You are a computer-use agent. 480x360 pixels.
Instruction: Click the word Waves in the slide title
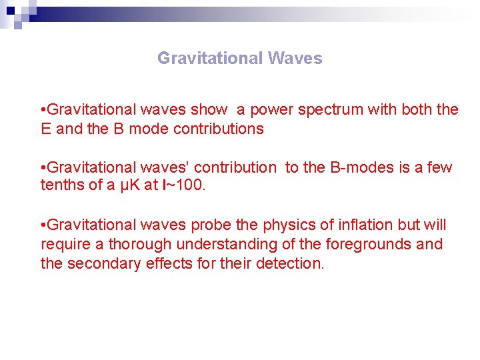(295, 59)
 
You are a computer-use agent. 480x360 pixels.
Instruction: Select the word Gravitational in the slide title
(210, 59)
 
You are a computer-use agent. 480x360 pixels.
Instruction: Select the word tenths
(63, 185)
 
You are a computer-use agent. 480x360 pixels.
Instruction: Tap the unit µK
(129, 185)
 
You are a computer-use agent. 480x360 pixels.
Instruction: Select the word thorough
(139, 245)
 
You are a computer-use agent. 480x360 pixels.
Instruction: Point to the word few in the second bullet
(439, 167)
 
